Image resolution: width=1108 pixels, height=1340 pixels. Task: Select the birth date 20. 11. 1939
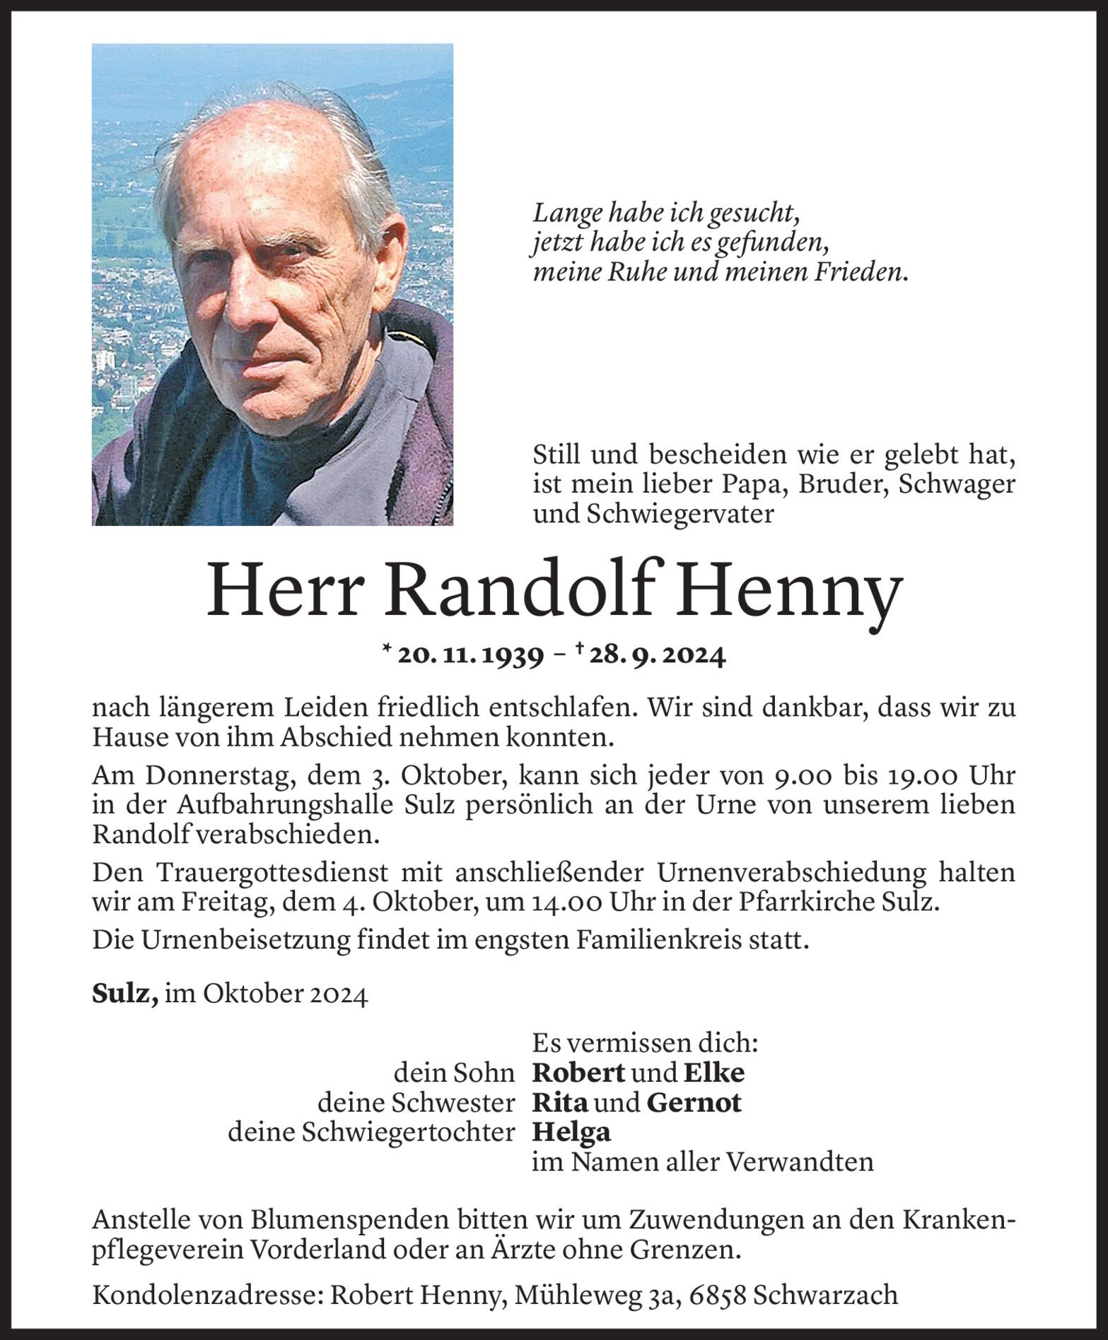point(471,656)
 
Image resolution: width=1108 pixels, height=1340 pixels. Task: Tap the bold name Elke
point(713,1072)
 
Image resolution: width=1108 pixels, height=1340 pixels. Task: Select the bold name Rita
point(559,1102)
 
